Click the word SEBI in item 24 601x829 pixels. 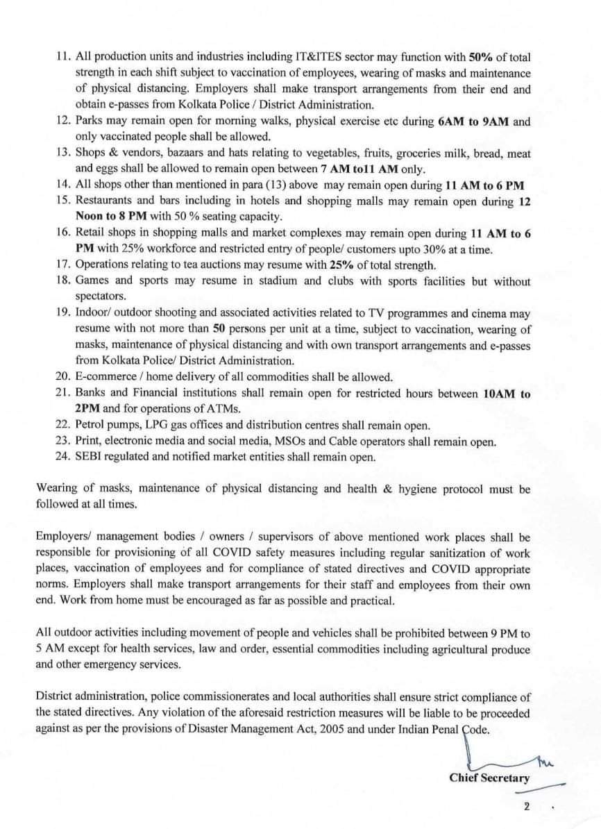90,457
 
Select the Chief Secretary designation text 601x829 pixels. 489,778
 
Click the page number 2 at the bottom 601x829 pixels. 527,807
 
